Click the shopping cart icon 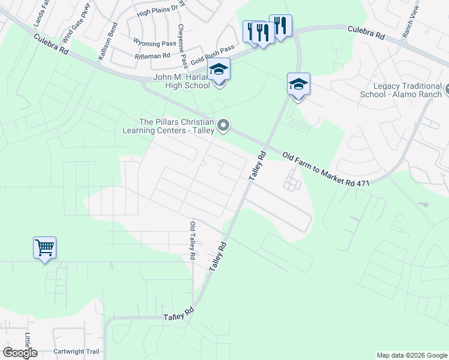pyautogui.click(x=44, y=247)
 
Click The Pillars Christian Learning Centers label pyautogui.click(x=169, y=126)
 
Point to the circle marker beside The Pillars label pyautogui.click(x=223, y=125)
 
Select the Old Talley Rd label pyautogui.click(x=192, y=241)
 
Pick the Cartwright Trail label pyautogui.click(x=76, y=352)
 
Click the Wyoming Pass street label pyautogui.click(x=154, y=44)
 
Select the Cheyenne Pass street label pyautogui.click(x=182, y=45)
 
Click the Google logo pyautogui.click(x=19, y=353)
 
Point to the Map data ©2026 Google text pyautogui.click(x=411, y=355)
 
